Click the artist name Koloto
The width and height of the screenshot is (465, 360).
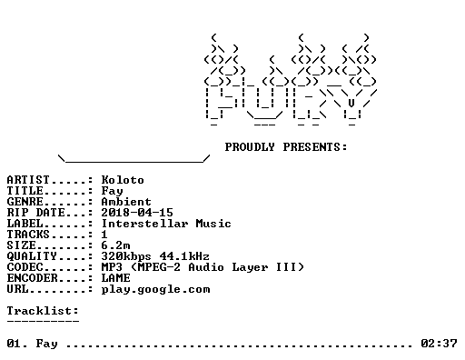coord(123,180)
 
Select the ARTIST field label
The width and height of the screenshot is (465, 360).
coord(28,180)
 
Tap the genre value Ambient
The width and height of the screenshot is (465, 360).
coord(126,202)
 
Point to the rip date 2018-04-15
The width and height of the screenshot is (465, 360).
coord(137,213)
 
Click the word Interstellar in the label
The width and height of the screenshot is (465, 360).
coord(144,224)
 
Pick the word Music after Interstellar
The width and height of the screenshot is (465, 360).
coord(213,224)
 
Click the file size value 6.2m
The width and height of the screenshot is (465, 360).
coord(115,245)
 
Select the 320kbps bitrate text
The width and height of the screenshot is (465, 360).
coord(126,256)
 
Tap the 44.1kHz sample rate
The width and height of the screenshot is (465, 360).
coord(184,256)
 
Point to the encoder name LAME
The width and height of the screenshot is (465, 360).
coord(115,278)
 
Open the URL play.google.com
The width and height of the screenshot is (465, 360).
coord(155,290)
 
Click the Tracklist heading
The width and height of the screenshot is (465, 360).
coord(43,311)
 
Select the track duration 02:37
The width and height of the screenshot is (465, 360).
coord(439,344)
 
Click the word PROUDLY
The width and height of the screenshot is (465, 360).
coord(250,147)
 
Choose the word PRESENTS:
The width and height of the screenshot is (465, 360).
coord(315,147)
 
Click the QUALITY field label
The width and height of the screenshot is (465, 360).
coord(32,256)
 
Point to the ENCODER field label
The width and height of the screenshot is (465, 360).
coord(32,278)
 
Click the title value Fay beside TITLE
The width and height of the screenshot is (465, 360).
coord(112,191)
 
